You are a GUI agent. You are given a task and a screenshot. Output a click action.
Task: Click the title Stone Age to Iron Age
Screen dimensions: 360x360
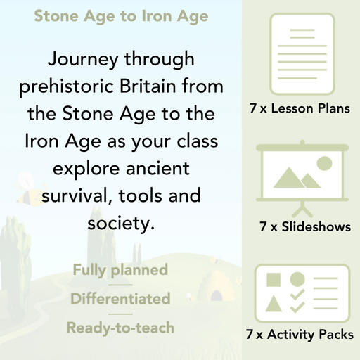click(121, 15)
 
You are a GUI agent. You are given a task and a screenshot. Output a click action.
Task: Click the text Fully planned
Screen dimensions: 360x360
click(120, 270)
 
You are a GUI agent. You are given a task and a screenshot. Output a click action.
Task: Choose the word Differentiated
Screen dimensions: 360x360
click(120, 299)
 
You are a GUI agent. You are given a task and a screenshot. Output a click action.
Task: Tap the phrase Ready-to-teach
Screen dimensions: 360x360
click(120, 327)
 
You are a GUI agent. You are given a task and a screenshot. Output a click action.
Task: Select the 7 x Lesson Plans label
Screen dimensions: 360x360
click(300, 109)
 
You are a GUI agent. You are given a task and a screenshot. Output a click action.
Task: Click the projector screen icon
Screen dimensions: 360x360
click(300, 176)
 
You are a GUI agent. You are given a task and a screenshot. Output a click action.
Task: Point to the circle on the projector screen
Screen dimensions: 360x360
click(323, 164)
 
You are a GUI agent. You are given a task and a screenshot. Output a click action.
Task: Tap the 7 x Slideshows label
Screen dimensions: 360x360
click(304, 226)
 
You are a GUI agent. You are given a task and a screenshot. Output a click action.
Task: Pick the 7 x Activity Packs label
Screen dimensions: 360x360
click(300, 335)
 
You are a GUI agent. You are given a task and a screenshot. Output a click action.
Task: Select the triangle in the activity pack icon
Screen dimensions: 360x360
click(275, 304)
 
